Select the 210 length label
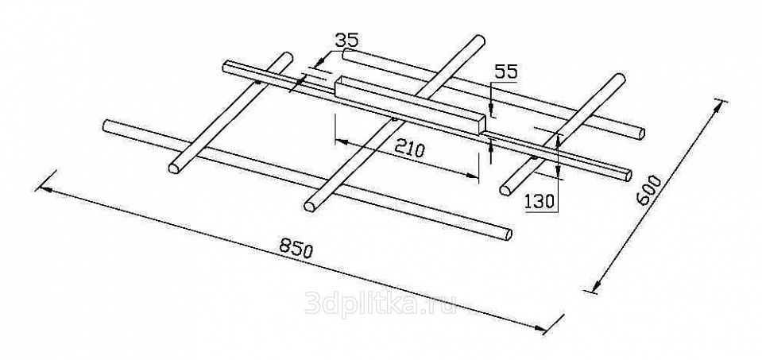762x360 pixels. [x=409, y=149]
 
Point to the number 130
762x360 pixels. [x=540, y=202]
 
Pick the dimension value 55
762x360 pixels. [x=505, y=72]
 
